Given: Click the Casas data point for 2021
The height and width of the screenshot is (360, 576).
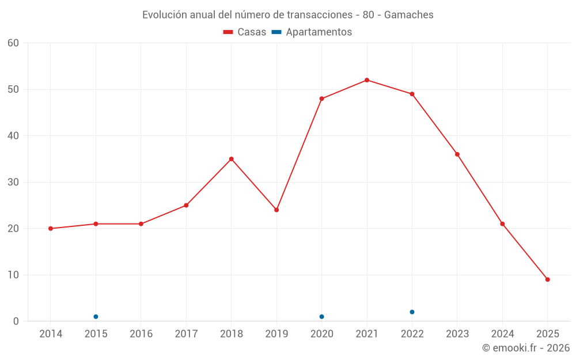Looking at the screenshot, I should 367,80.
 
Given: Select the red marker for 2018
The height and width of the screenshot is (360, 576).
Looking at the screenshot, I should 231,159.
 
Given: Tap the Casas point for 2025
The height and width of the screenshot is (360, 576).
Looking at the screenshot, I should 547,279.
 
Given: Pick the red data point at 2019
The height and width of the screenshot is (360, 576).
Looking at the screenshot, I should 276,210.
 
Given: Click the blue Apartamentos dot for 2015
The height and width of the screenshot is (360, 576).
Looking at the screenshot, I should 96,317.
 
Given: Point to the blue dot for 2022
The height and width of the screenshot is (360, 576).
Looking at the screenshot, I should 412,312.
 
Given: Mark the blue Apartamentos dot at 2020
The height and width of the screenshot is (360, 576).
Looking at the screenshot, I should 321,317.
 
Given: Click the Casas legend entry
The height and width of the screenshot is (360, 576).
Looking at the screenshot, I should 245,32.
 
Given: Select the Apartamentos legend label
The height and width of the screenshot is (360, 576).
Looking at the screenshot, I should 318,32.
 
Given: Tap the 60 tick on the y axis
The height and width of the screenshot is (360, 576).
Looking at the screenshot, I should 13,43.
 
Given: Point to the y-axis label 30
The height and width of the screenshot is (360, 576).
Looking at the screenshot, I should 13,182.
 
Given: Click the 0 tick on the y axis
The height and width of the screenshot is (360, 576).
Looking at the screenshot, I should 16,321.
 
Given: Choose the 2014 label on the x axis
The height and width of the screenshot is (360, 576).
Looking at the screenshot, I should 51,334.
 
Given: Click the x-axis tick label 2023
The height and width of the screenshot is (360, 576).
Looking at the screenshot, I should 457,334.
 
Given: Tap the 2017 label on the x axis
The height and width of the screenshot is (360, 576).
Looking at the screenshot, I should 186,334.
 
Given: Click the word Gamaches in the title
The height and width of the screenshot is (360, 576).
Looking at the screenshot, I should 409,15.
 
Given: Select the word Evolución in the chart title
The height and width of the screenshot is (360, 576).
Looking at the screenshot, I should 165,15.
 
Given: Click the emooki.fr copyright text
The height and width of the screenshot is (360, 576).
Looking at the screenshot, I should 526,348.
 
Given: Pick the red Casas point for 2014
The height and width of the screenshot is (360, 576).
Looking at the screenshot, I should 51,229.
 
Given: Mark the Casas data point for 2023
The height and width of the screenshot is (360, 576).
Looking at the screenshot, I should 457,154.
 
